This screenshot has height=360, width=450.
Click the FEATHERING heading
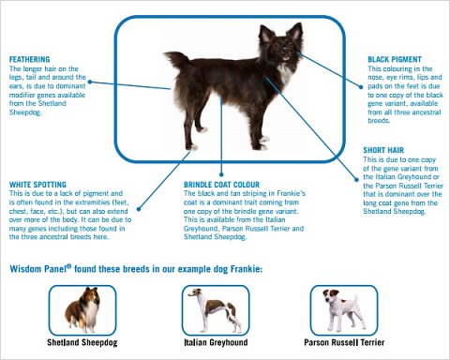[30, 58]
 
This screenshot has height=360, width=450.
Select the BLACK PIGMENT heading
[393, 58]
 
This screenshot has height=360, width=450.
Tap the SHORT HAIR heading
[387, 149]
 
